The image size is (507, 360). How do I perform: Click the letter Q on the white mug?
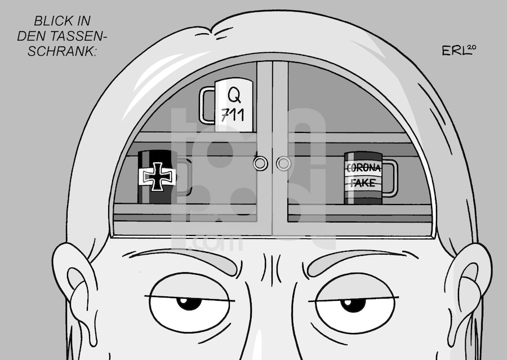pyautogui.click(x=234, y=95)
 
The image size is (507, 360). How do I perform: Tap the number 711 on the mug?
pyautogui.click(x=233, y=115)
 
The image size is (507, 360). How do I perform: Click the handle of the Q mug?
pyautogui.click(x=207, y=105)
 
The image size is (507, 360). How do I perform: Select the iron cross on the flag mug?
pyautogui.click(x=158, y=176)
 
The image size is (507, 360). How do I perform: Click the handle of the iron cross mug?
pyautogui.click(x=184, y=177)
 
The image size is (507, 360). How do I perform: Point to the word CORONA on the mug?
pyautogui.click(x=363, y=168)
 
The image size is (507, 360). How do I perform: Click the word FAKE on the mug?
pyautogui.click(x=363, y=183)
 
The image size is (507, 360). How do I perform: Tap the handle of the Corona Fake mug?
pyautogui.click(x=390, y=178)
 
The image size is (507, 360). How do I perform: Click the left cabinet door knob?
pyautogui.click(x=260, y=163)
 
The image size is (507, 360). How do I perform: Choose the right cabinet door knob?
pyautogui.click(x=283, y=164)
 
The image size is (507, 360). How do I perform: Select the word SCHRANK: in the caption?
pyautogui.click(x=62, y=51)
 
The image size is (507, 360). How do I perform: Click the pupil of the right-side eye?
pyautogui.click(x=353, y=305)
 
